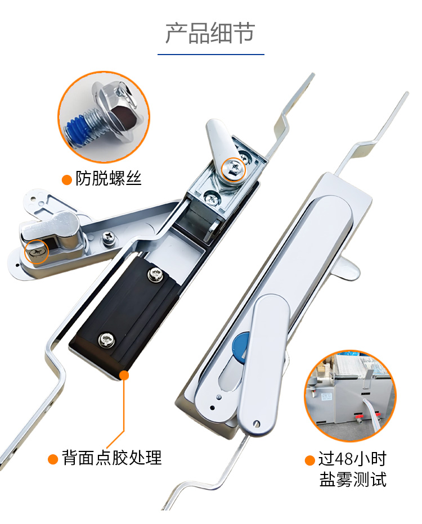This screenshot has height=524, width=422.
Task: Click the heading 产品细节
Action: (x=210, y=33)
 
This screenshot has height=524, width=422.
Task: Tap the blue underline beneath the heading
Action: (x=211, y=54)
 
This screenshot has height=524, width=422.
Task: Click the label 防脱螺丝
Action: (x=109, y=178)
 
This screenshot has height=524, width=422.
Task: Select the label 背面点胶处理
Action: (x=111, y=458)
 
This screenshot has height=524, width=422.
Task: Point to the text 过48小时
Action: (x=352, y=459)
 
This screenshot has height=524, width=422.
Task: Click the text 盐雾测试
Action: (x=353, y=480)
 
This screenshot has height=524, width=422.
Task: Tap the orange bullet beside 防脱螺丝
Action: (x=67, y=180)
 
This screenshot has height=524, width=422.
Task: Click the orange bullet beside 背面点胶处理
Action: (x=53, y=459)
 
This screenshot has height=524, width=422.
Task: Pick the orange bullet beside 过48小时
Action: (x=310, y=460)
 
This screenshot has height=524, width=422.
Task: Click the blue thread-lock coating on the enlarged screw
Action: (x=77, y=130)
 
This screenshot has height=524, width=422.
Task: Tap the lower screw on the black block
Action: (x=107, y=340)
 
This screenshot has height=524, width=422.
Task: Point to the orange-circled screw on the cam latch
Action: (x=234, y=169)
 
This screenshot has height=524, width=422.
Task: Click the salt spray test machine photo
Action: (x=350, y=396)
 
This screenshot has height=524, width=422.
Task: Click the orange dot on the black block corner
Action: (x=124, y=375)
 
